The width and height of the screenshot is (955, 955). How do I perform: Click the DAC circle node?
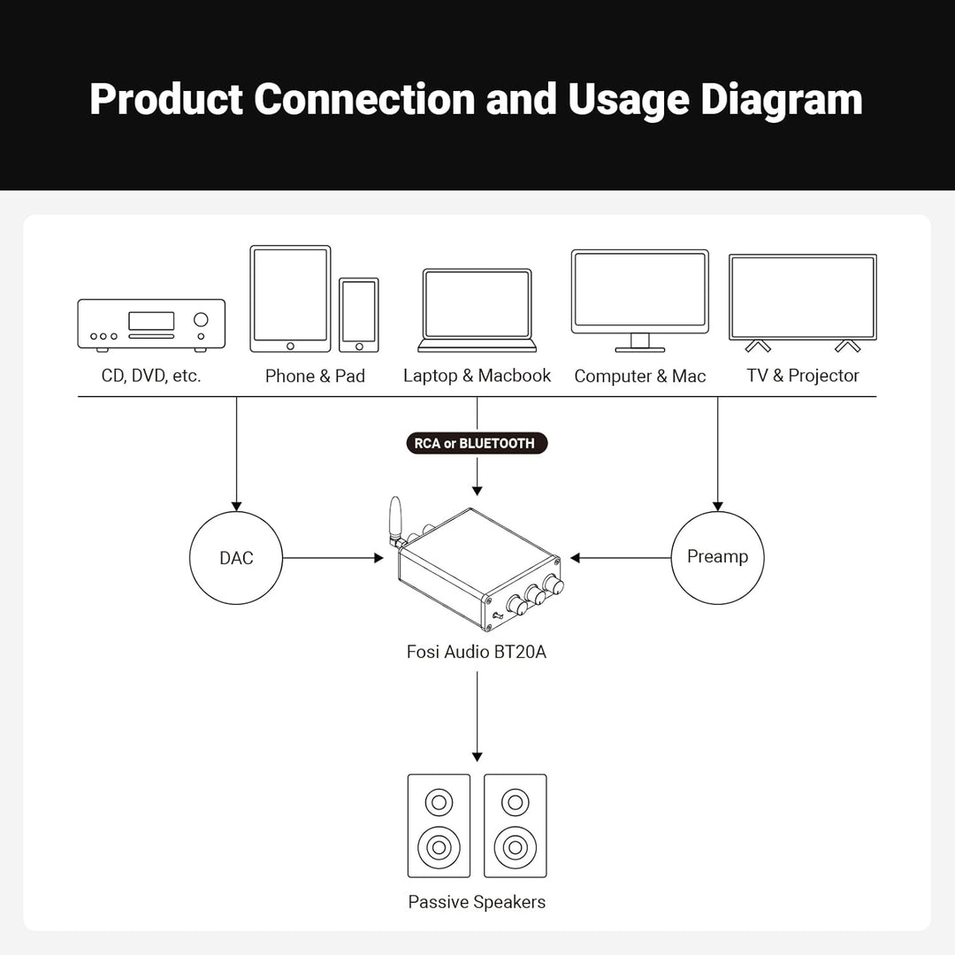pos(236,558)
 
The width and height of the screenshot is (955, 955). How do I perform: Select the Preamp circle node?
pos(717,558)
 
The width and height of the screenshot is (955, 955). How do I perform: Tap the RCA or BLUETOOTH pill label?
pos(477,443)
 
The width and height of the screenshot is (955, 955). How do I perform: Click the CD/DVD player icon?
pos(152,325)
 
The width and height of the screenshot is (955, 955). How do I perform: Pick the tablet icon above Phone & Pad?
pos(291,299)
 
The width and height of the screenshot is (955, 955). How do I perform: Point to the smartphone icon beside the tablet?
pos(359,315)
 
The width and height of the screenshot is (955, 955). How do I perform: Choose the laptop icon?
pos(477,310)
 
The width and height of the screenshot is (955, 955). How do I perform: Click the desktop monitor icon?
pos(640,301)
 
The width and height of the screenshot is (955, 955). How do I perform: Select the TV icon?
pos(803,302)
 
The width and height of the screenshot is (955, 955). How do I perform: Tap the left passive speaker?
pos(439,826)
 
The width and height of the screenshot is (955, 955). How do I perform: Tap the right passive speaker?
pos(516,826)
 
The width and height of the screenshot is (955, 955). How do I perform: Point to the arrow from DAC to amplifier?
pos(333,558)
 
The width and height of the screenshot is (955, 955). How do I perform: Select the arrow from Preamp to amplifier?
pos(621,558)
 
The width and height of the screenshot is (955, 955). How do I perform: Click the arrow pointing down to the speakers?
pos(477,716)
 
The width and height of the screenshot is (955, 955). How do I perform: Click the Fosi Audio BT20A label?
pos(477,653)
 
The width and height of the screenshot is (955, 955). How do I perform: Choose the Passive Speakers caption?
pos(477,902)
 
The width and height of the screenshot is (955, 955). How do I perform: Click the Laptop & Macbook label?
pos(477,376)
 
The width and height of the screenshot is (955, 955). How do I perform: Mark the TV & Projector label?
pos(803,376)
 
